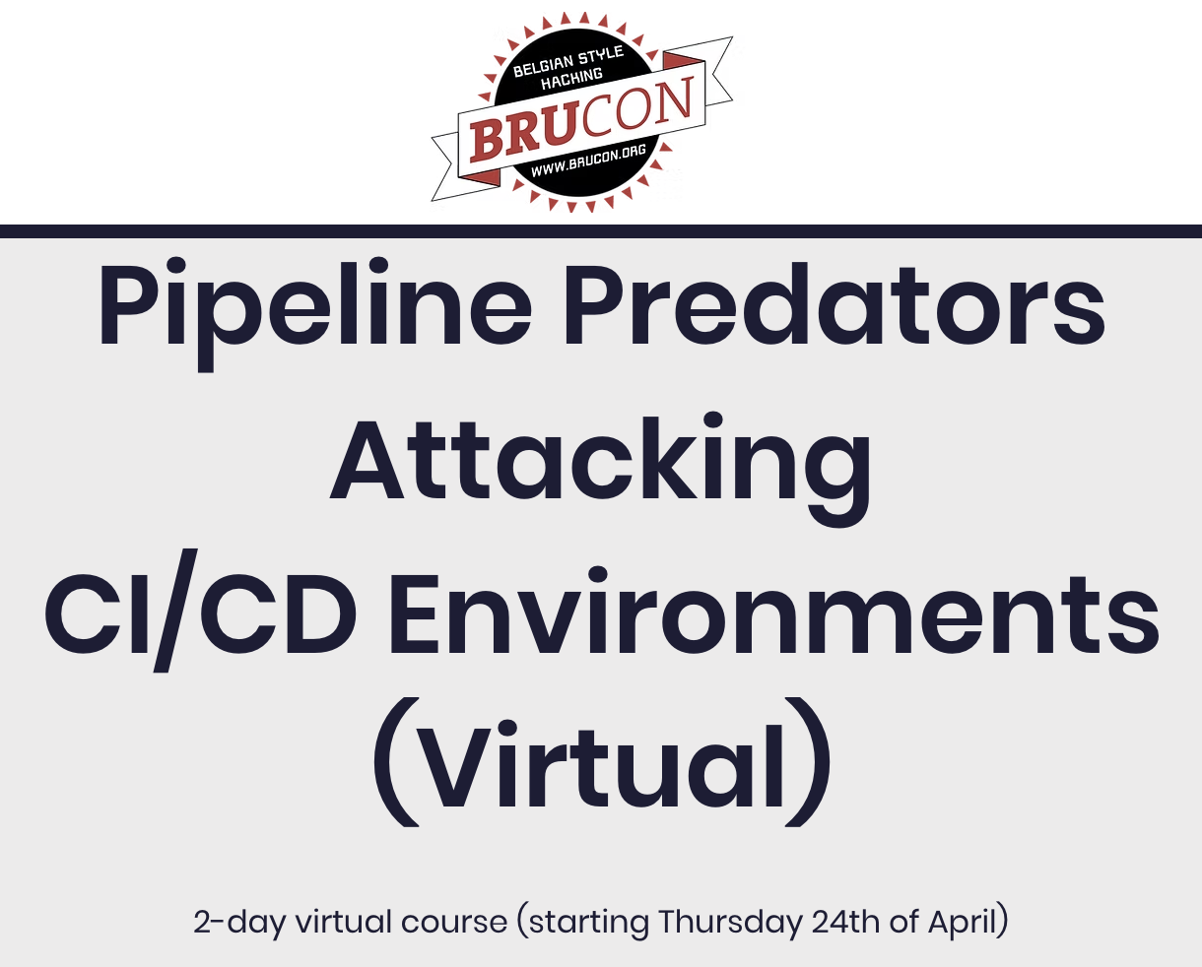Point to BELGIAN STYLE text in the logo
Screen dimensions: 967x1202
[x=568, y=62]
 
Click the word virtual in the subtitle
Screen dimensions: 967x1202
[x=343, y=923]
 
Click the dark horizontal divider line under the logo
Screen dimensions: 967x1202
[x=601, y=231]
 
